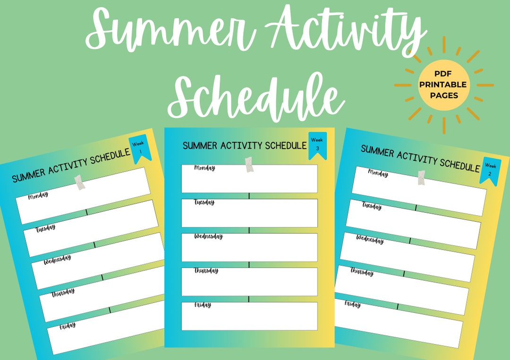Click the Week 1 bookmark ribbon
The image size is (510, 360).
[x=140, y=148]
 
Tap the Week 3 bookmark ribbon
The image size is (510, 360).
[x=317, y=145]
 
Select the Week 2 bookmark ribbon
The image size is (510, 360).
[x=490, y=170]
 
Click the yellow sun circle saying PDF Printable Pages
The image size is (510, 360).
[x=443, y=85]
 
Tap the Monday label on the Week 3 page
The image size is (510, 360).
[x=204, y=167]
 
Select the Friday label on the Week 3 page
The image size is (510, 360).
[x=203, y=305]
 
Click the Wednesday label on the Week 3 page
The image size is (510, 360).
[x=209, y=236]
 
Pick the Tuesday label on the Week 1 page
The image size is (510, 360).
[x=45, y=228]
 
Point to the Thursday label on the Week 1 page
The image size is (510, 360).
[x=63, y=293]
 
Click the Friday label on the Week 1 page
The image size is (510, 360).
[x=68, y=326]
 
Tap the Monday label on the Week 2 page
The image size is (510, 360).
[x=378, y=173]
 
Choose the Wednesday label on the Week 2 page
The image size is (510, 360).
[x=370, y=239]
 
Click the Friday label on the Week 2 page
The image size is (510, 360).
[x=353, y=304]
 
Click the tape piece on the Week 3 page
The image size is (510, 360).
[x=249, y=164]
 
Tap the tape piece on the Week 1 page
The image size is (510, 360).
[x=79, y=182]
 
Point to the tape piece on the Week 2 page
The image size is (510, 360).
[x=421, y=178]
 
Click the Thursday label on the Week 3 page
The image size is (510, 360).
[x=206, y=270]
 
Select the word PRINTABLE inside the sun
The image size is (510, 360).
[x=442, y=84]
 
